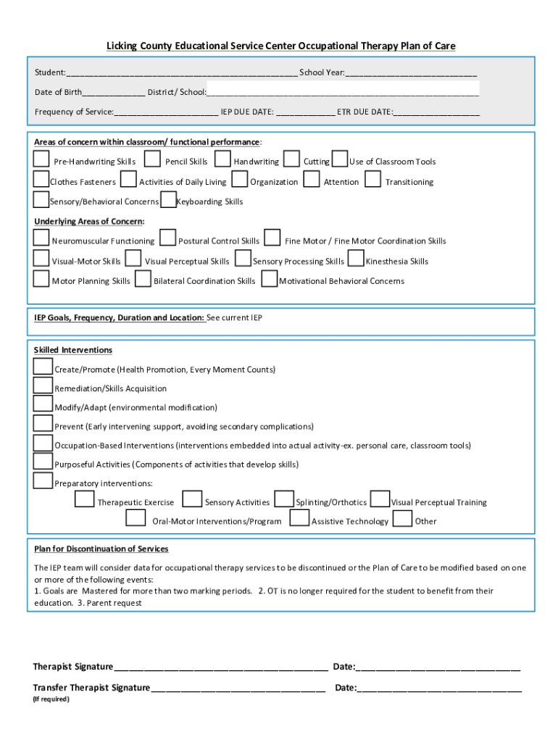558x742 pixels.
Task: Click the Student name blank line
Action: click(x=181, y=73)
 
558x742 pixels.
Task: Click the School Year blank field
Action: click(x=411, y=73)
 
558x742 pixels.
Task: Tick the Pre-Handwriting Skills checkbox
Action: click(x=41, y=159)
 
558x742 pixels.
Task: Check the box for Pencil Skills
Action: click(x=152, y=159)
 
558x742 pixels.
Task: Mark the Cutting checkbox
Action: click(x=291, y=159)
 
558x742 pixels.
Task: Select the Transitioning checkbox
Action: click(x=373, y=179)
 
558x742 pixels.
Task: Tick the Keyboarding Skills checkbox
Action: click(x=168, y=199)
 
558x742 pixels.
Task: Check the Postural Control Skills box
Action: click(x=167, y=238)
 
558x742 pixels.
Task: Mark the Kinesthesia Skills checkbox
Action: click(x=356, y=259)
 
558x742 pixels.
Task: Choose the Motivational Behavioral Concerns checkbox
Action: click(x=269, y=279)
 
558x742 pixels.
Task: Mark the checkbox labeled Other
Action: click(x=403, y=518)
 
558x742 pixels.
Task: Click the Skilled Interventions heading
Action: click(x=73, y=350)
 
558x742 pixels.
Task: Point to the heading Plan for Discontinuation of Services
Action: click(x=101, y=549)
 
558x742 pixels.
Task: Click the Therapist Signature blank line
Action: click(x=221, y=667)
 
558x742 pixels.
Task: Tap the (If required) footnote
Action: click(x=51, y=699)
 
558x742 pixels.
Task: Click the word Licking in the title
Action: click(x=122, y=46)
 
